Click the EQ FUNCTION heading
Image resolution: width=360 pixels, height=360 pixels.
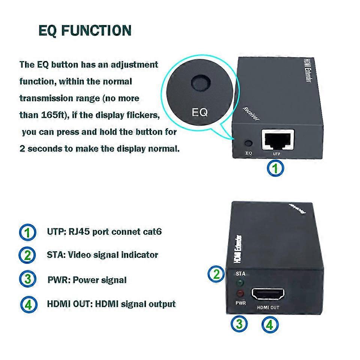point(85,30)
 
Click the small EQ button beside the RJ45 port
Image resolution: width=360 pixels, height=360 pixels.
point(248,143)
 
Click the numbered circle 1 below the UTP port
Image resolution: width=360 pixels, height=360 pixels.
point(275,168)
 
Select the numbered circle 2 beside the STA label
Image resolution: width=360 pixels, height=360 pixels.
point(217,274)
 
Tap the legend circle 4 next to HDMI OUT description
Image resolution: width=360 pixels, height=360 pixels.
point(28,304)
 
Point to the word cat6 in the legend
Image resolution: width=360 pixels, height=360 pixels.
point(152,231)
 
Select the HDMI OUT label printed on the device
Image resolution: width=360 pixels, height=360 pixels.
point(268,307)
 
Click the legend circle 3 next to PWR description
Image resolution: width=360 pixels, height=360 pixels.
point(27,280)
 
